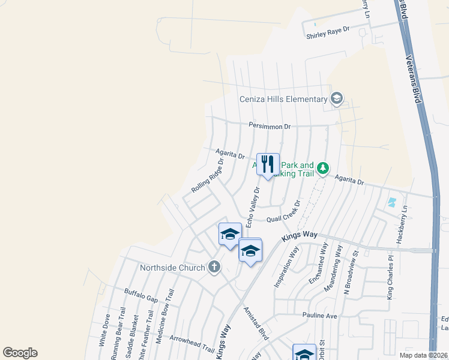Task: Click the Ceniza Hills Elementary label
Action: [283, 99]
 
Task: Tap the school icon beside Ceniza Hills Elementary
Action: [337, 98]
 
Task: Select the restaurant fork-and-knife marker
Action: [268, 163]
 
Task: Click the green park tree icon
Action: [324, 168]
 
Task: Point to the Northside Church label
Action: [172, 268]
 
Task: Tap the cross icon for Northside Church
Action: [214, 268]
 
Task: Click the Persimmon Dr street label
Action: [270, 127]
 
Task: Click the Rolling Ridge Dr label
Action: [207, 176]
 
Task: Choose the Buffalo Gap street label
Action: [141, 295]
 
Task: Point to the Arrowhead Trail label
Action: [192, 343]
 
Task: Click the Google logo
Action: [20, 353]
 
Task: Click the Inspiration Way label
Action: [286, 266]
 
